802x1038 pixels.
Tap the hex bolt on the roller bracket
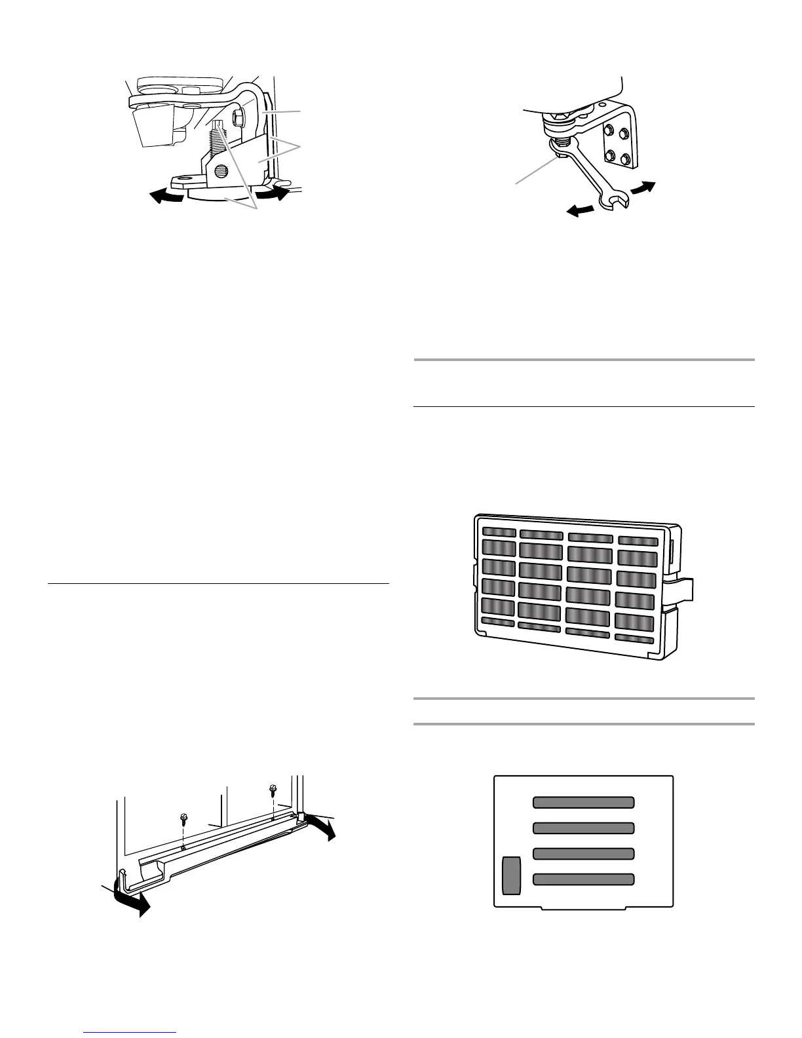[x=238, y=117]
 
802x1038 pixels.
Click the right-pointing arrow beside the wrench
[x=643, y=187]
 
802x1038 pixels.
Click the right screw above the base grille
[x=273, y=790]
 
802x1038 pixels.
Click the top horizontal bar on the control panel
[x=584, y=803]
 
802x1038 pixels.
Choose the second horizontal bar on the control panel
[x=584, y=828]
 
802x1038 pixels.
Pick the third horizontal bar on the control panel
[x=584, y=854]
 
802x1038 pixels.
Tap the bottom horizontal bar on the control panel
[x=584, y=879]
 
